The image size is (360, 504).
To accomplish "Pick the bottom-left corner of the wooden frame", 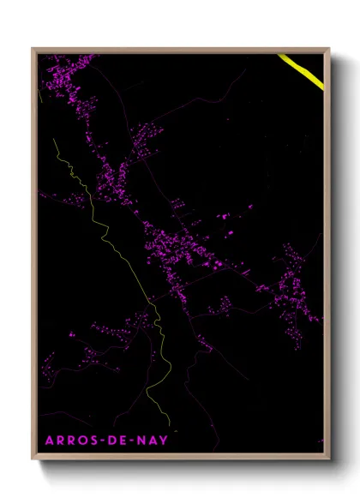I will coord(33,461).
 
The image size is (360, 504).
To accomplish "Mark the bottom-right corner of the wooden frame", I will coord(328,461).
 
